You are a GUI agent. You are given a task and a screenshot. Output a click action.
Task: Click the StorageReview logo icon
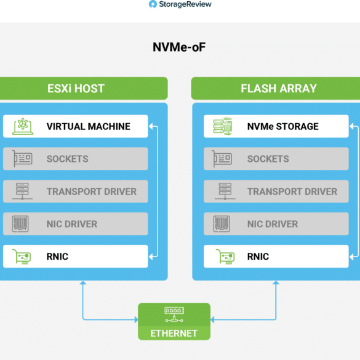[x=153, y=4]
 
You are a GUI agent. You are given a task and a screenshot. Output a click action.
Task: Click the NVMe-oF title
[x=179, y=47]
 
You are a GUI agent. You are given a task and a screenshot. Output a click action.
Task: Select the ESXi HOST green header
[x=84, y=89]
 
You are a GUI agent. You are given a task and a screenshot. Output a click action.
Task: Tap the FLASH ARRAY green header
[x=276, y=89]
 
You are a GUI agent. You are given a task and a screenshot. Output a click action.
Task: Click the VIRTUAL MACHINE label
[x=89, y=127]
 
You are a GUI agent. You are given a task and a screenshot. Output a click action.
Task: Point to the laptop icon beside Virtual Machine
[x=23, y=126]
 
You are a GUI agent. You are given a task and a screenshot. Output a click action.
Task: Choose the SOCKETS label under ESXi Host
[x=68, y=159]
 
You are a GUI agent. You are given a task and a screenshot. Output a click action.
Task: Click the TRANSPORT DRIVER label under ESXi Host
[x=92, y=192]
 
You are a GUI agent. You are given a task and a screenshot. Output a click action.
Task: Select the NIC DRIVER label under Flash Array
[x=273, y=224]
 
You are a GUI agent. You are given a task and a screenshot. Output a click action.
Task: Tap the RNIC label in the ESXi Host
[x=57, y=257]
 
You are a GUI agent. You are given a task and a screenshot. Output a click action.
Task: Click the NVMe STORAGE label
[x=283, y=127]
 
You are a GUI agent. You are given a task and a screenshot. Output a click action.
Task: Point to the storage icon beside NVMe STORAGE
[x=223, y=126]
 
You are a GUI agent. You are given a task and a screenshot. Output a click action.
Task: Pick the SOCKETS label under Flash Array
[x=268, y=159]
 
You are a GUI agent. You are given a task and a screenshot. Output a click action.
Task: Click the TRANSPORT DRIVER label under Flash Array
[x=292, y=192]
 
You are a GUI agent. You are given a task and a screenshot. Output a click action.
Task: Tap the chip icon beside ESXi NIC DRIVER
[x=20, y=224]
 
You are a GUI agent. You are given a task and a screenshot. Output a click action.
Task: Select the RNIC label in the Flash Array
[x=258, y=257]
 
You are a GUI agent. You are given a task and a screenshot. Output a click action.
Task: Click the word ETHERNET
[x=174, y=334]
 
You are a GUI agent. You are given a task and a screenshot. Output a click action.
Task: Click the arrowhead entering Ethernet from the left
[x=137, y=319]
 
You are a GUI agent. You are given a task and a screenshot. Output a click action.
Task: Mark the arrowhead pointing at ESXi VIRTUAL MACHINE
[x=151, y=126]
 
